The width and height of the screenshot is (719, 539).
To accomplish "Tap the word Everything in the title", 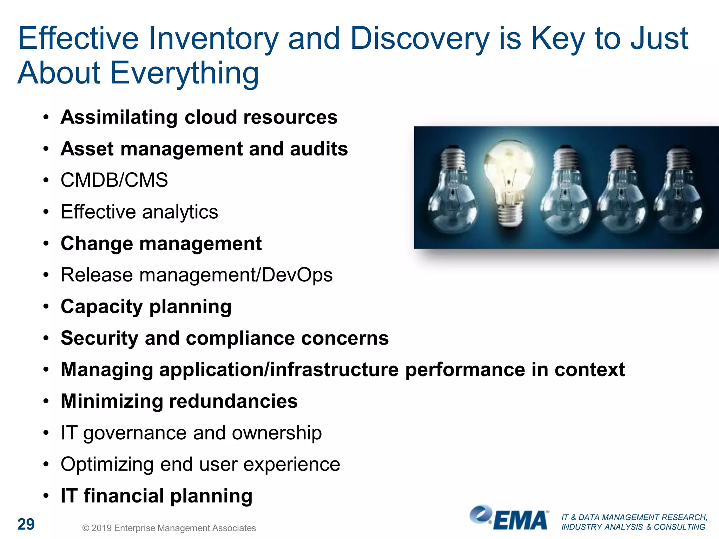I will pyautogui.click(x=185, y=73).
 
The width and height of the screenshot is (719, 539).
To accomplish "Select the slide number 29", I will pyautogui.click(x=26, y=524).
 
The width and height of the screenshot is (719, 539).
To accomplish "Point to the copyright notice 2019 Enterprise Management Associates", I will pyautogui.click(x=169, y=528).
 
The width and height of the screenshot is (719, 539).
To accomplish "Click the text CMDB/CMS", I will pyautogui.click(x=114, y=180).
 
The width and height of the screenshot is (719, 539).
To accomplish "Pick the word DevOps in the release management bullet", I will pyautogui.click(x=297, y=275).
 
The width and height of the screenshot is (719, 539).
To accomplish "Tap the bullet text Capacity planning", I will pyautogui.click(x=146, y=307).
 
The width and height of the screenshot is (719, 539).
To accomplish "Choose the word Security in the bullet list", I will pyautogui.click(x=99, y=338).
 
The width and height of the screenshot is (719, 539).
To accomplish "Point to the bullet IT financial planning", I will pyautogui.click(x=157, y=496).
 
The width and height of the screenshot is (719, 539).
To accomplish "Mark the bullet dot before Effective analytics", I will pyautogui.click(x=46, y=212).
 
